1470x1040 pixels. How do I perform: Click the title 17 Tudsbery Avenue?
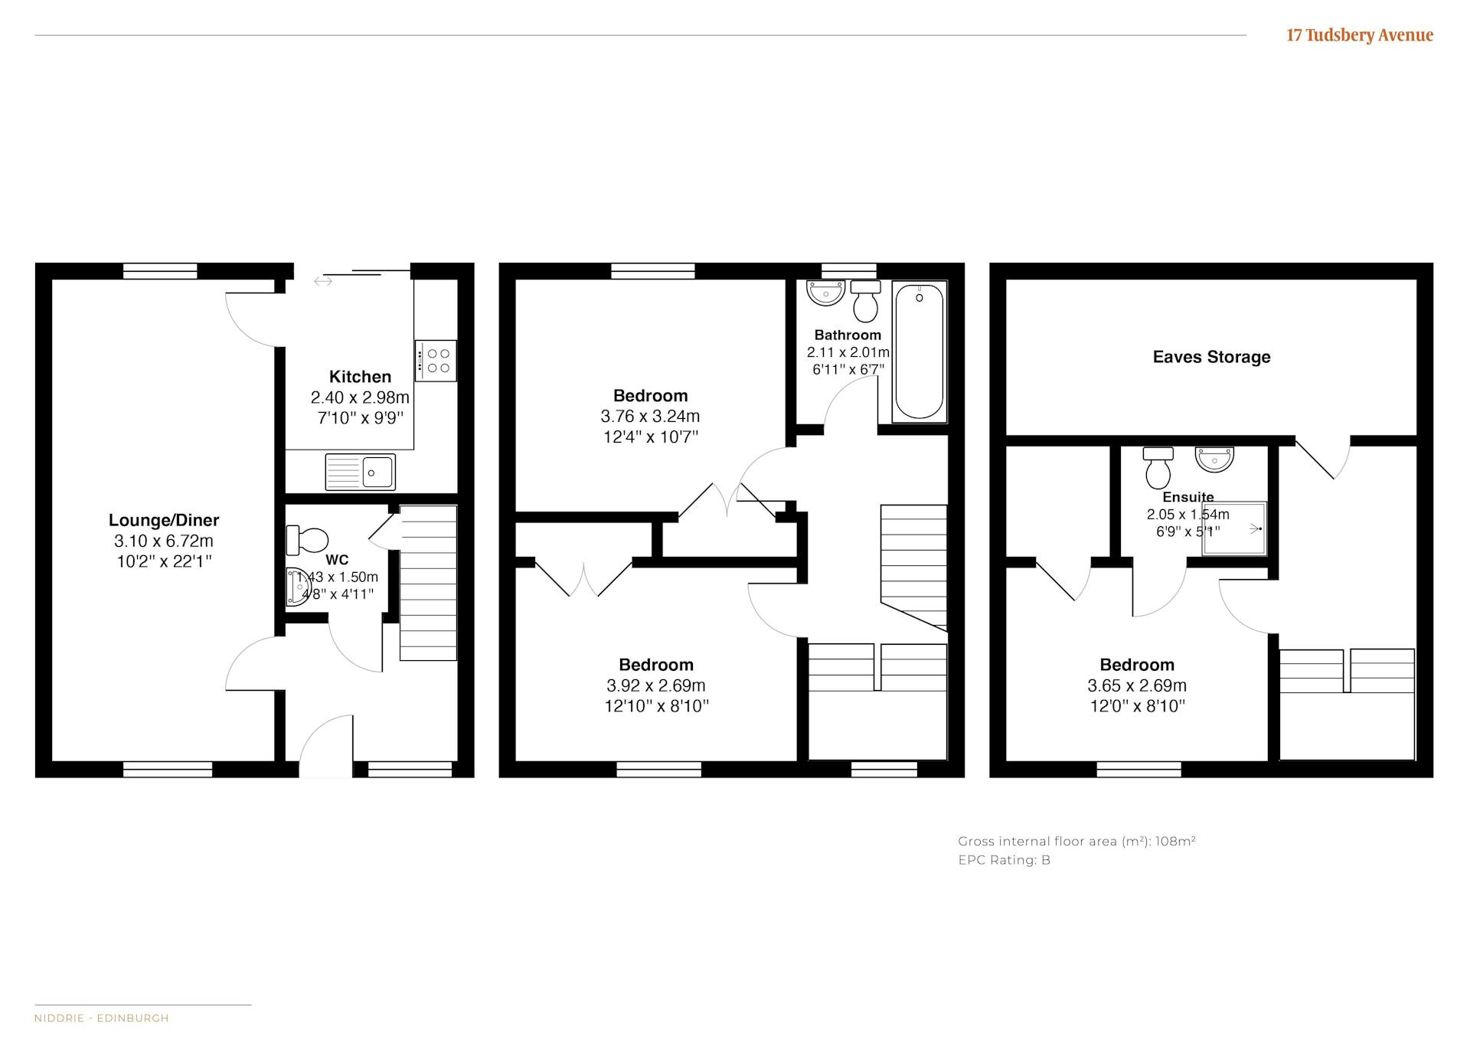coord(1359,35)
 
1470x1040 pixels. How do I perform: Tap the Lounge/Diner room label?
coord(164,521)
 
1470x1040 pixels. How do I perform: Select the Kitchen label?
coord(360,377)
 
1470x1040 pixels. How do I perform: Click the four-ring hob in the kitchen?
coord(436,361)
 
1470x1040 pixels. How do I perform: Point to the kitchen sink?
coord(360,472)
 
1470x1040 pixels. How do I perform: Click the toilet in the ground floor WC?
coord(306,540)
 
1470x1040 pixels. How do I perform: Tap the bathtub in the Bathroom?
coord(919,352)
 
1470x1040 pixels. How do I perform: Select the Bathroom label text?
coord(848,335)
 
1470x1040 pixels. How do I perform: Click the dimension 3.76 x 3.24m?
coord(650,417)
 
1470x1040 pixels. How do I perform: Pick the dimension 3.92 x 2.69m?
coord(656,686)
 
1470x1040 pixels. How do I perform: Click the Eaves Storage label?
coord(1211,357)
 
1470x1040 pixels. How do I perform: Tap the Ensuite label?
coord(1188,497)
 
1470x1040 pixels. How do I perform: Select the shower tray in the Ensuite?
coord(1234,528)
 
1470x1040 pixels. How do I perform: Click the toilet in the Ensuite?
coord(1158,468)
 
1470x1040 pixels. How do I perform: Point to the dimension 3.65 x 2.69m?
coord(1137,686)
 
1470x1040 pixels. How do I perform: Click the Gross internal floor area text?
coord(1076,841)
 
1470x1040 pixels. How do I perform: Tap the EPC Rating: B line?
coord(1004,860)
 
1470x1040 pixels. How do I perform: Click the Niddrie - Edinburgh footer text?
coord(102,1018)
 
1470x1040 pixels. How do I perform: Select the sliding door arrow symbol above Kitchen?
coord(323,281)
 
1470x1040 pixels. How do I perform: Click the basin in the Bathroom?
coord(825,293)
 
